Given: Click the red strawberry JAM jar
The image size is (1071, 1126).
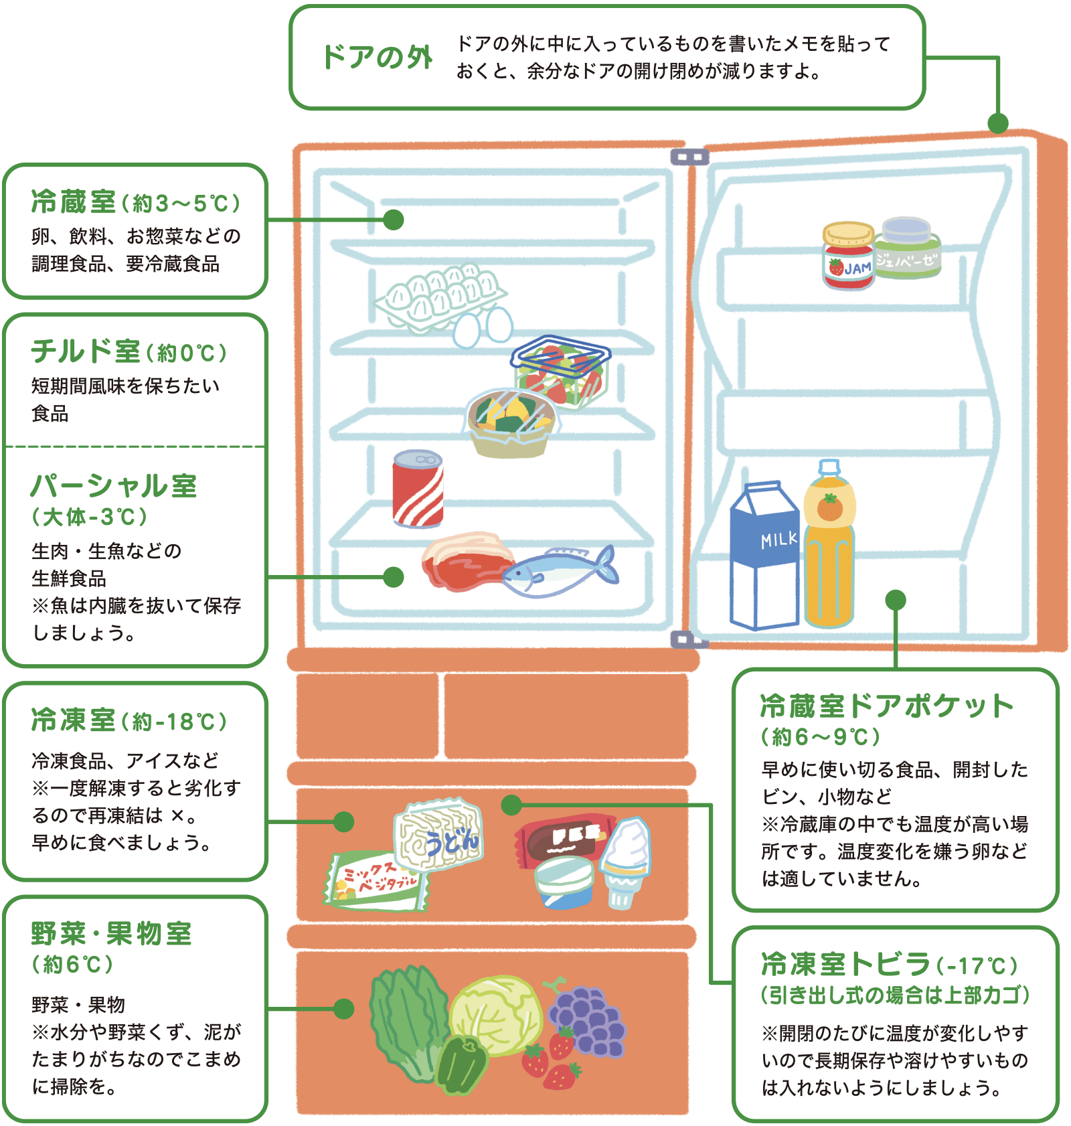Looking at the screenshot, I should click(848, 258).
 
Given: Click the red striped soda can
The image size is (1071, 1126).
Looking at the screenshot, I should click(418, 489).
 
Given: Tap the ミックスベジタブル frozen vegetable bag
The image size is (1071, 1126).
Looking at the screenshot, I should click(375, 880).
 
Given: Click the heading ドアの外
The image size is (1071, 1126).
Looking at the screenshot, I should click(377, 57).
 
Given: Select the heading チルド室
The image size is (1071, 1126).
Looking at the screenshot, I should click(86, 351).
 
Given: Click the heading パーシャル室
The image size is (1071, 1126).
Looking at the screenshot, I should click(114, 486).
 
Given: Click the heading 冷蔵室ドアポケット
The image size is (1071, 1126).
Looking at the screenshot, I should click(887, 706).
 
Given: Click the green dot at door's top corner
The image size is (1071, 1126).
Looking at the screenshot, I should click(997, 123).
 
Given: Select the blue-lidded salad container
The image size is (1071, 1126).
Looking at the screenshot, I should click(561, 372).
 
